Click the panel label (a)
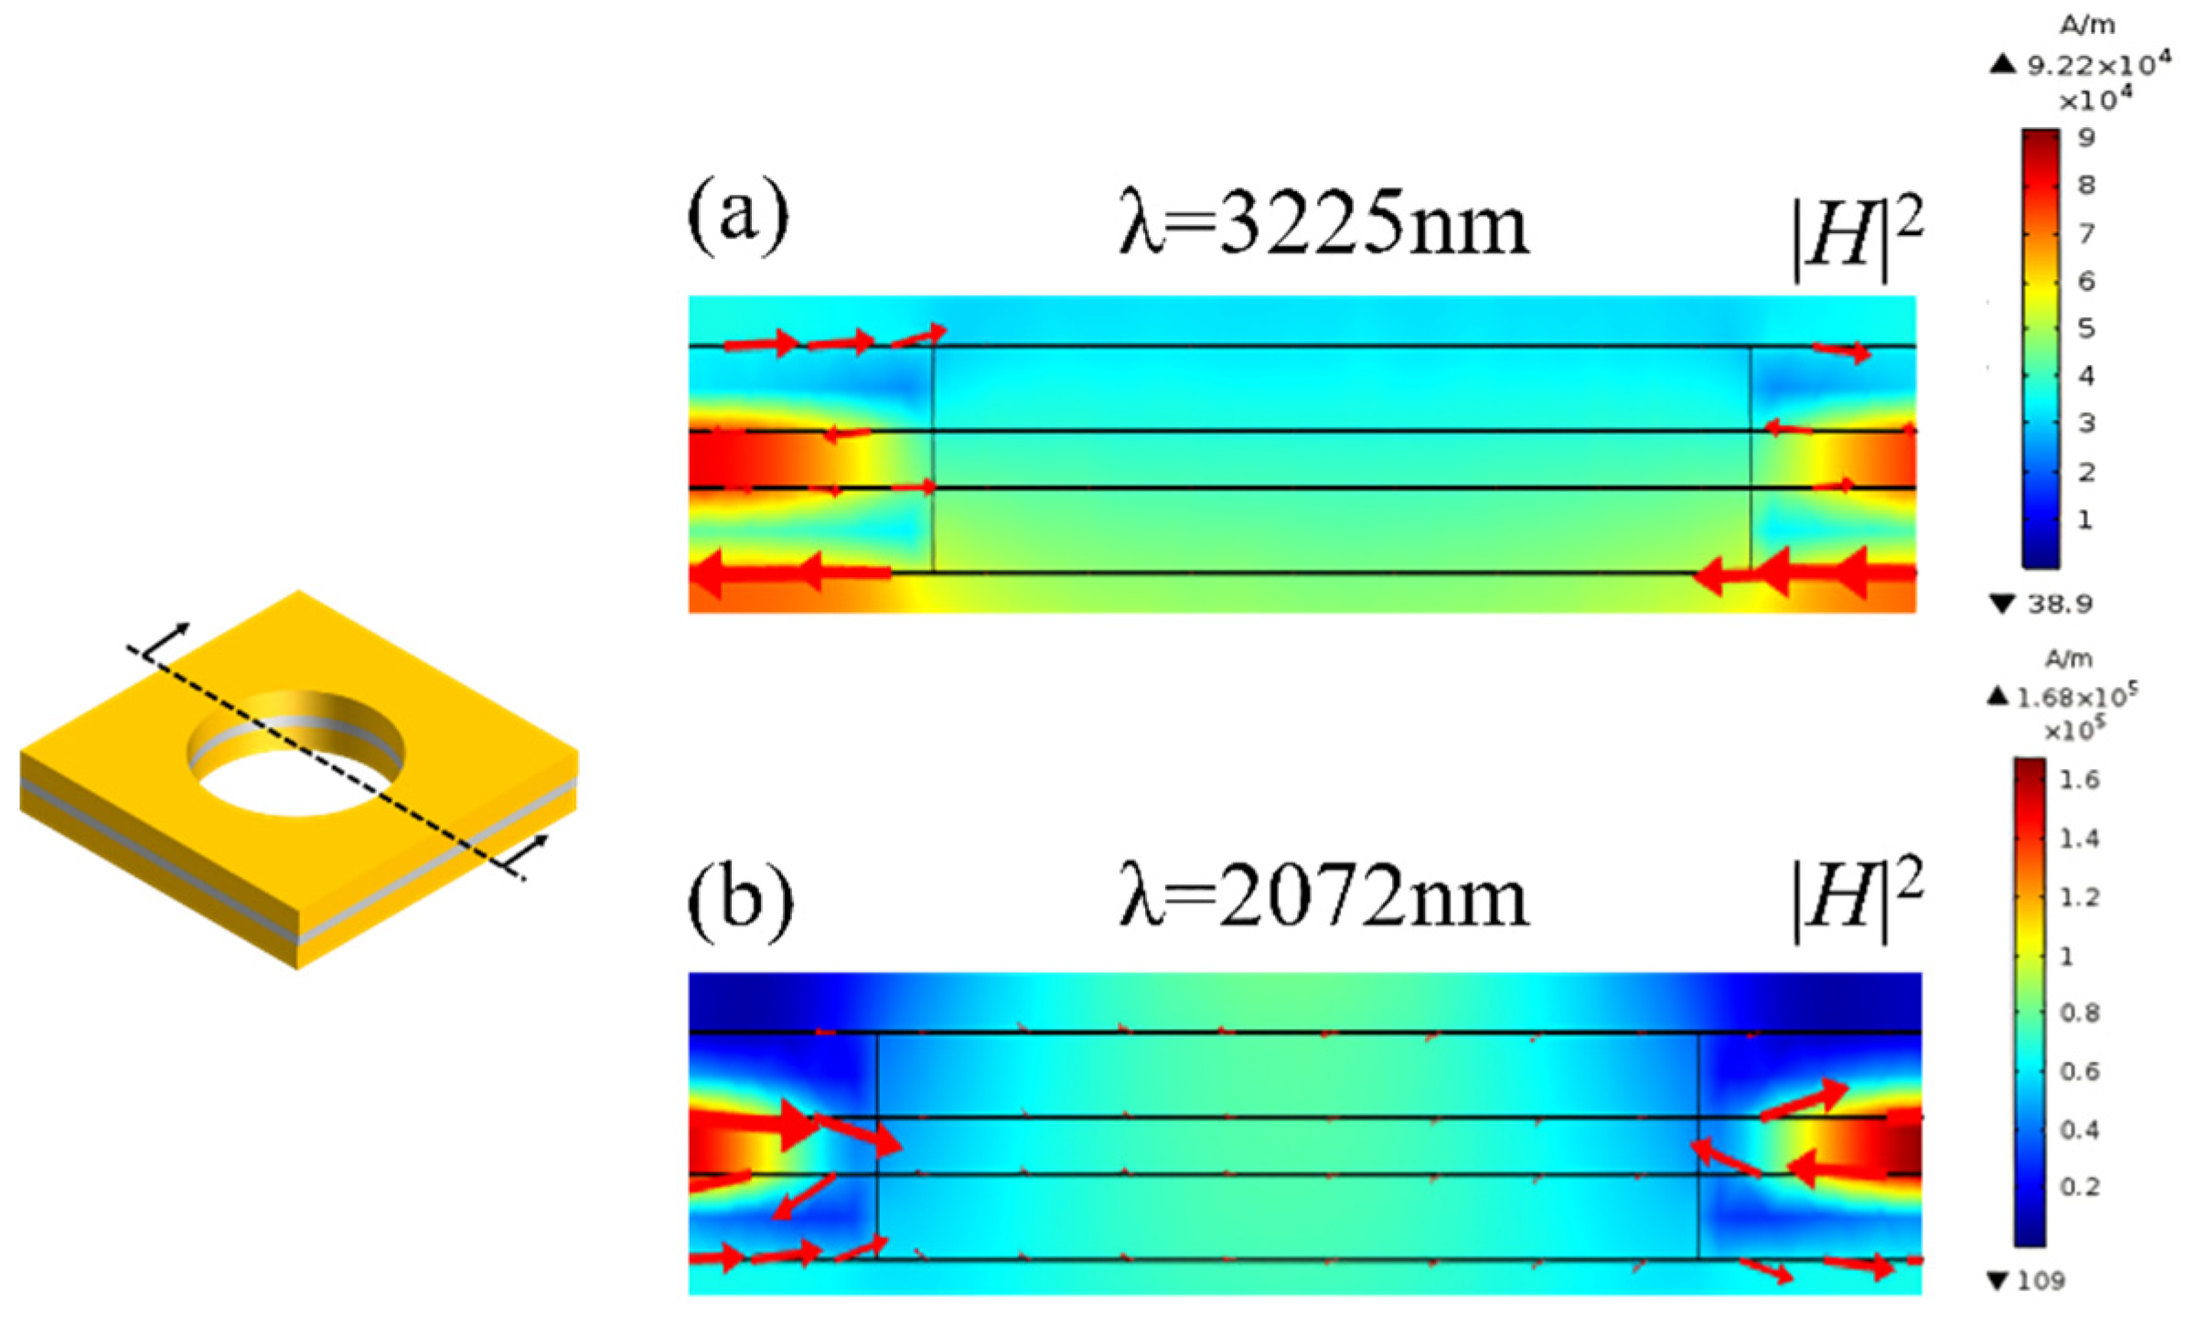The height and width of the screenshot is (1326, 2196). pyautogui.click(x=737, y=217)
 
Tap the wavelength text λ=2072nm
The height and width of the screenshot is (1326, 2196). pyautogui.click(x=1323, y=897)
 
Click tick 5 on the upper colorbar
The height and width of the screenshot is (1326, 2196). pyautogui.click(x=2086, y=327)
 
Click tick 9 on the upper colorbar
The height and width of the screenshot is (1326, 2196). pyautogui.click(x=2086, y=138)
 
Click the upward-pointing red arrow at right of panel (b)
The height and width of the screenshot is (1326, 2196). pyautogui.click(x=1805, y=1100)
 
